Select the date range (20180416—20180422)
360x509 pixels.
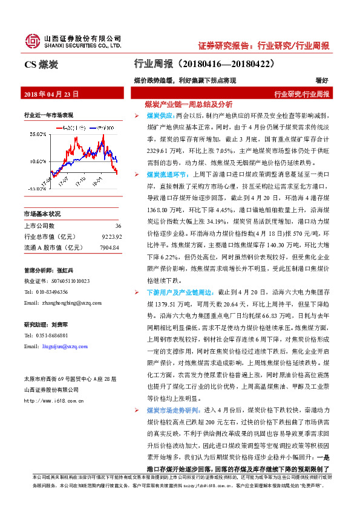pyautogui.click(x=226, y=63)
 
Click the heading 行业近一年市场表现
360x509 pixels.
pyautogui.click(x=48, y=115)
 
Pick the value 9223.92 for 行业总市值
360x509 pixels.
pyautogui.click(x=111, y=236)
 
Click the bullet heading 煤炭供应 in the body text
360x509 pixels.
pyautogui.click(x=160, y=114)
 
